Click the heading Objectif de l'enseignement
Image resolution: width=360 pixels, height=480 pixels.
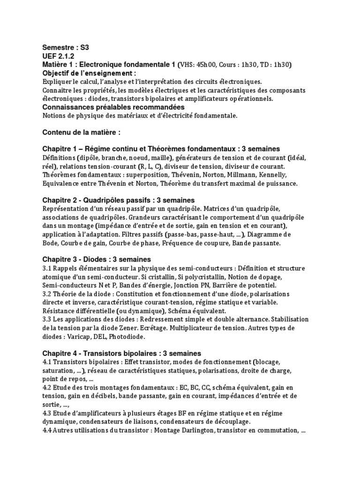[x=90, y=73]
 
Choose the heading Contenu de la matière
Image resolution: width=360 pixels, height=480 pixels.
[x=78, y=133]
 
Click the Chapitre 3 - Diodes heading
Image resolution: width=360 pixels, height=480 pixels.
[x=97, y=259]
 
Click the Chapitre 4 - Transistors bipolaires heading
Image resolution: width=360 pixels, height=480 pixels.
[x=122, y=353]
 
